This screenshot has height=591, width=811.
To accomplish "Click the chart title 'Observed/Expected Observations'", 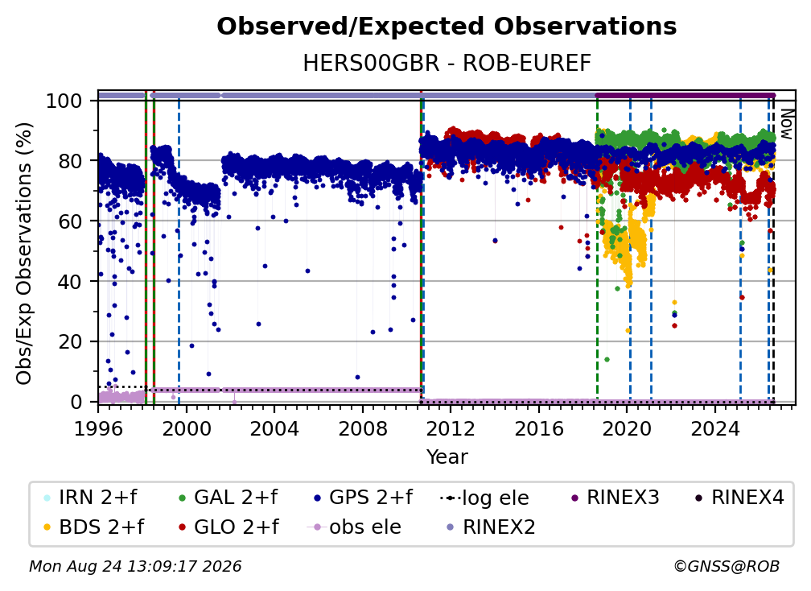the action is coord(447,27).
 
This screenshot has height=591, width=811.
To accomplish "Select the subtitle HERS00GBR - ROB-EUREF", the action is coord(447,63).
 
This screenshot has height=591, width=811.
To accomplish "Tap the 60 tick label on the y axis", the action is coord(70,221).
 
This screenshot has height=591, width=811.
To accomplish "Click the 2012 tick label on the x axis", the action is coord(451,428).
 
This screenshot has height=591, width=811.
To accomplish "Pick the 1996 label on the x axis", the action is coord(98,428).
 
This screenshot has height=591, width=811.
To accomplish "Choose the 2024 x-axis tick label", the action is coord(714,428).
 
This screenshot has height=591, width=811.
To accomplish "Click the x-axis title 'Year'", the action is coord(447,457).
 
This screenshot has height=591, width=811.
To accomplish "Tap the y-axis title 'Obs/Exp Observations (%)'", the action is coord(24,254).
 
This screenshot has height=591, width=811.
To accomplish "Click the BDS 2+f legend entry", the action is coord(93,527).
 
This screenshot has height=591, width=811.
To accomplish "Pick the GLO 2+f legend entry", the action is coord(228,527).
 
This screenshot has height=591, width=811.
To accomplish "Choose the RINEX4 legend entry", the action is coord(739,498).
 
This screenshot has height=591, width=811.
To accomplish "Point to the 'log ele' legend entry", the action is coord(484,498).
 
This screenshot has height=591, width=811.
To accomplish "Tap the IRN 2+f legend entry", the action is coord(90,498).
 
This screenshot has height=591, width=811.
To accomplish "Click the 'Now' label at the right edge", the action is coord(786,124).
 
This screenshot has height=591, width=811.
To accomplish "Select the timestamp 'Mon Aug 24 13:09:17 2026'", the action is coord(135,566).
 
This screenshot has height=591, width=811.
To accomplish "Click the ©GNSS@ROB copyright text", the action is coord(727,566).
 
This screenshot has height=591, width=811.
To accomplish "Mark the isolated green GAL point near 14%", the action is coord(607,359).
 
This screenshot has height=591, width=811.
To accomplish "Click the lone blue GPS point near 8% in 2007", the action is coord(357,378).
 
